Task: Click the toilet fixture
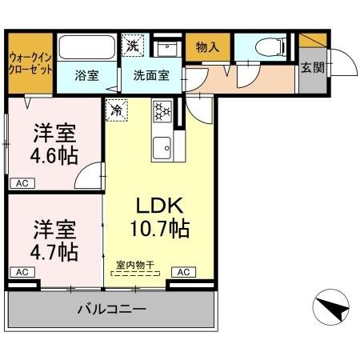[270, 47]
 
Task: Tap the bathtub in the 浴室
[86, 47]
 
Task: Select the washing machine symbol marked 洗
[133, 46]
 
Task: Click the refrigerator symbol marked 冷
[117, 110]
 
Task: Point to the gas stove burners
[162, 111]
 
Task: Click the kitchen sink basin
[162, 148]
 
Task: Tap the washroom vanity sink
[167, 49]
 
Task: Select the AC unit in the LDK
[183, 272]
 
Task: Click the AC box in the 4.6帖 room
[22, 183]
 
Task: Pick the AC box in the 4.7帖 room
[22, 272]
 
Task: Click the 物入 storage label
[207, 47]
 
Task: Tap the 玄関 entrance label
[313, 67]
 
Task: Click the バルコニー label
[112, 310]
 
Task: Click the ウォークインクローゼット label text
[30, 64]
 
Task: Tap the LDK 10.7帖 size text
[160, 229]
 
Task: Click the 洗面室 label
[151, 76]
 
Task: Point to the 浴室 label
[86, 76]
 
